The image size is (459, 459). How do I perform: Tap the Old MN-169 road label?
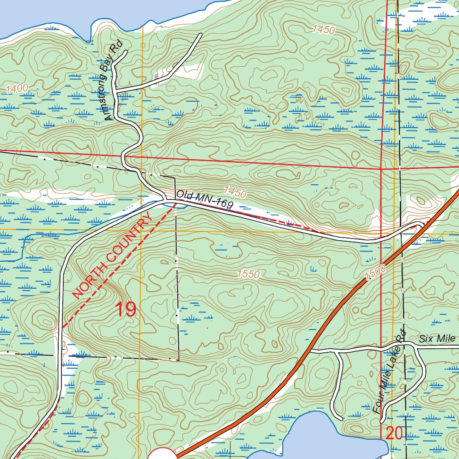coord(204,200)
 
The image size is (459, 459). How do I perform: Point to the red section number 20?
coord(394,433)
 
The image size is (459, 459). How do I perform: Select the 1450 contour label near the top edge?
coord(324,30)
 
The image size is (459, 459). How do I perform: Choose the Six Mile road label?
coord(437,339)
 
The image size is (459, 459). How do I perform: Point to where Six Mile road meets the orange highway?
coord(310,351)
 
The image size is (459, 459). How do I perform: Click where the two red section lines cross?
coord(381,169)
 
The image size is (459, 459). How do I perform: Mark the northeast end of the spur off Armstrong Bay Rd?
coord(200,35)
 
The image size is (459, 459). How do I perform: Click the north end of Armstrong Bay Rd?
coord(126,52)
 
